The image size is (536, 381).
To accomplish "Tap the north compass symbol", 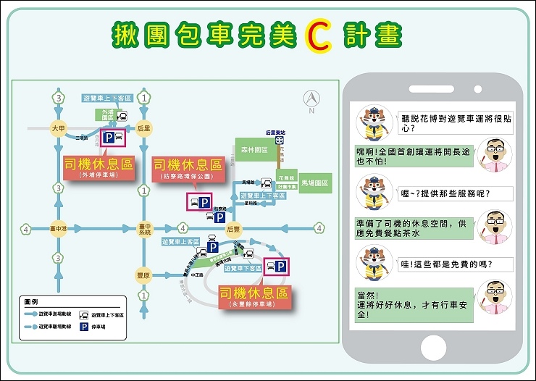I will (311, 99).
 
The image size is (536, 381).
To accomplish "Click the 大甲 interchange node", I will (58, 128).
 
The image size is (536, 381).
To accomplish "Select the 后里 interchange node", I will (145, 128).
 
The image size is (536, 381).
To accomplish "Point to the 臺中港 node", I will (58, 229).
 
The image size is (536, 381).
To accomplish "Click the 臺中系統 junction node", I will (145, 229).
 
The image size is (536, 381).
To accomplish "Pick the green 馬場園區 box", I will (314, 184).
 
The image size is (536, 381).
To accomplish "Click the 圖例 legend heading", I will (31, 301).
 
